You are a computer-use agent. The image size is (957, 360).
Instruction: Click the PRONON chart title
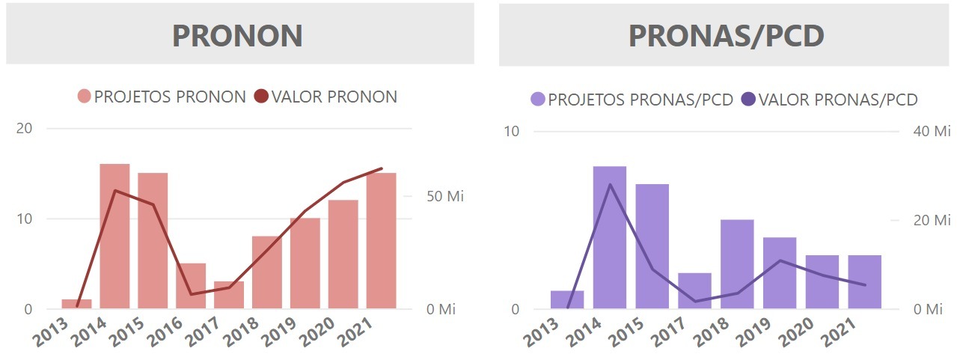coord(237,35)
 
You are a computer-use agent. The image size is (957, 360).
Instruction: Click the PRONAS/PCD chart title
coord(726,35)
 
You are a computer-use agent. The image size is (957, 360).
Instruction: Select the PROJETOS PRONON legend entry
coord(162,97)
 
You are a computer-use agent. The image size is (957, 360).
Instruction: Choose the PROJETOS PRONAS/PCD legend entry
coord(632,100)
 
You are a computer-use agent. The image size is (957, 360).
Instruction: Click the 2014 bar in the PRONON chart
coord(114,236)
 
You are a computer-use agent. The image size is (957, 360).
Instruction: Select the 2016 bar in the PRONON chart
coord(191,286)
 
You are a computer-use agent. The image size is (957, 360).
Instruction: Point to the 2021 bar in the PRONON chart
coord(381,240)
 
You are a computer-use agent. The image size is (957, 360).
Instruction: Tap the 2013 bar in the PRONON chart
coord(76,304)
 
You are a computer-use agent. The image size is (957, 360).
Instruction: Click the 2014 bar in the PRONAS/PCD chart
coord(610,237)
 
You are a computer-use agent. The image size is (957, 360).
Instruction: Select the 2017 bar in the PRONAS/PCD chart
coord(694,290)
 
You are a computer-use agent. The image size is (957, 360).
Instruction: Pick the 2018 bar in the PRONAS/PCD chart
coord(737,263)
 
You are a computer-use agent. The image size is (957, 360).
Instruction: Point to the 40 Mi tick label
coord(932,132)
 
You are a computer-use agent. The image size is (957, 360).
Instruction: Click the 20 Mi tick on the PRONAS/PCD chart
coord(932,220)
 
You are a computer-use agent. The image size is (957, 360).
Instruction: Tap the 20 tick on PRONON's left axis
coord(25,129)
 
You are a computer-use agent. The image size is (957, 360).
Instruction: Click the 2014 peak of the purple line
coord(610,184)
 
